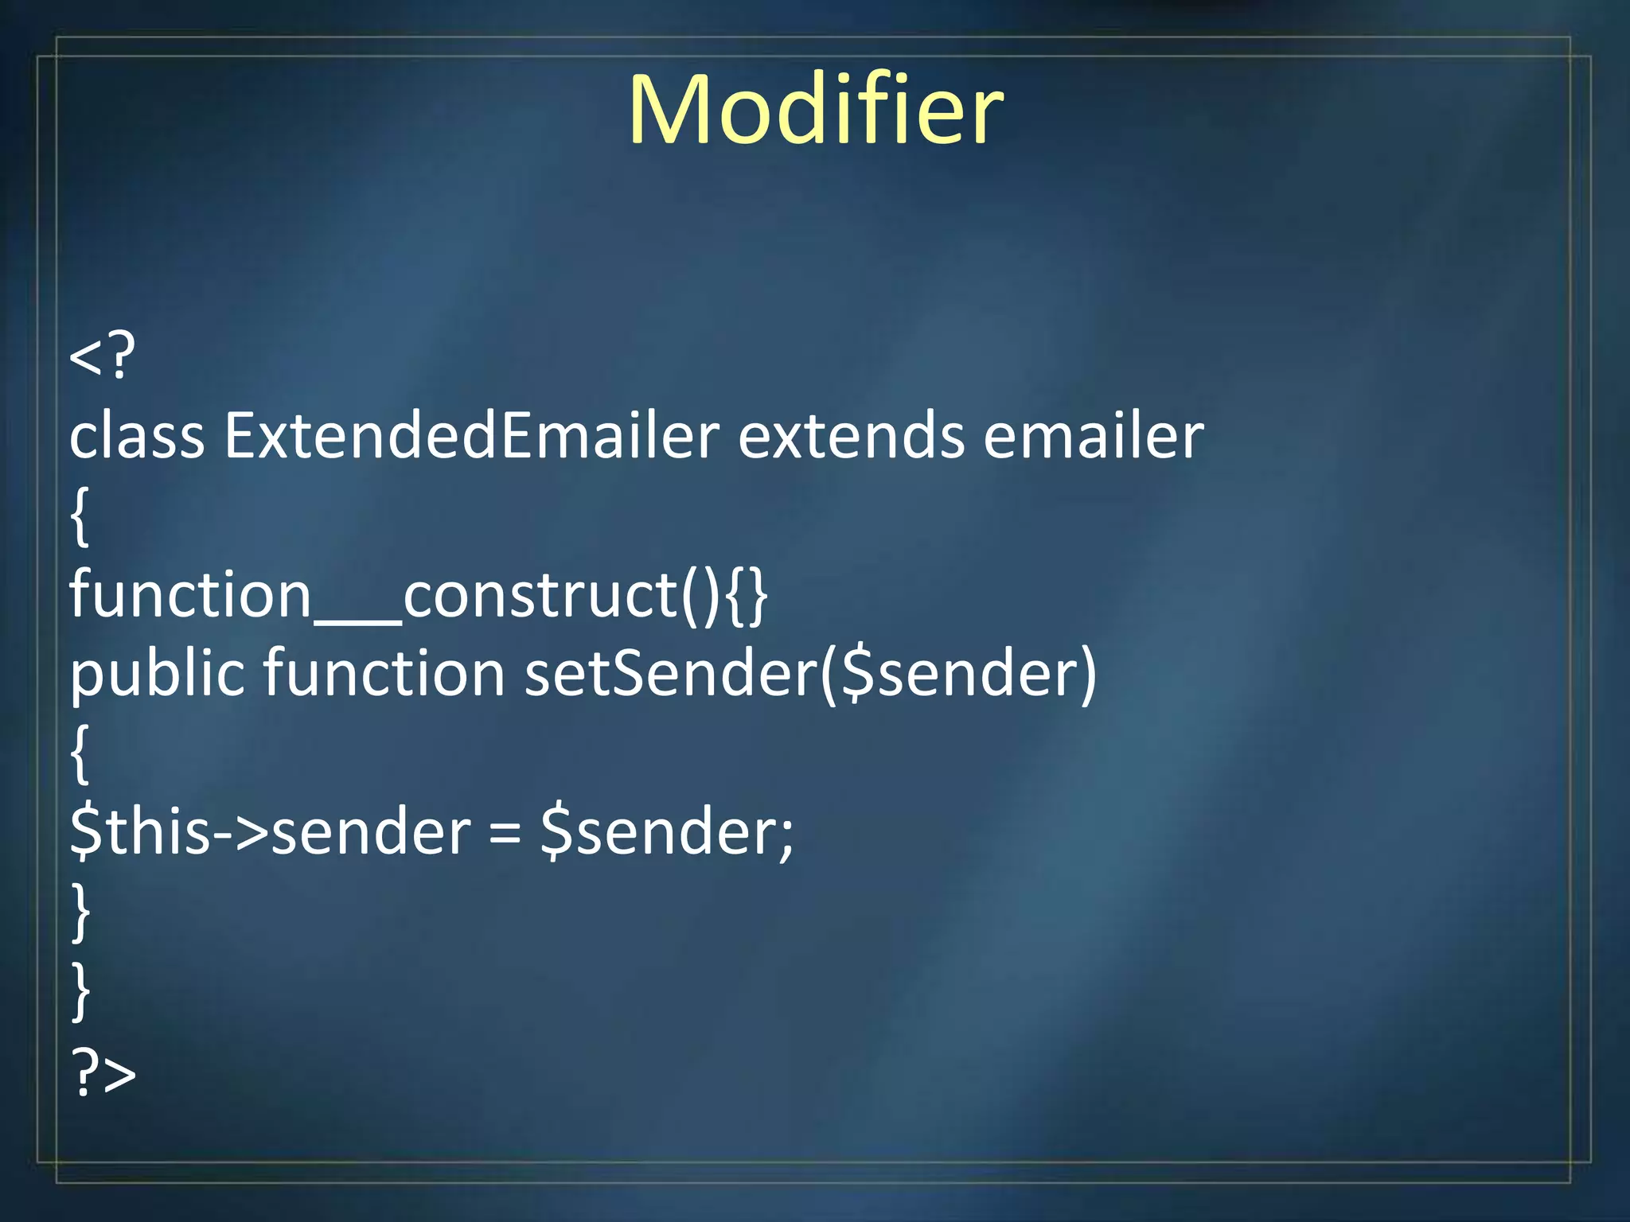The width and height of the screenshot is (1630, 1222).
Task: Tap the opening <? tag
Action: pos(102,356)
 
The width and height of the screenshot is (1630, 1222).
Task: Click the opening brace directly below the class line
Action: pos(80,517)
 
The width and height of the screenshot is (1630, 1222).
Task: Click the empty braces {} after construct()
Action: pos(747,595)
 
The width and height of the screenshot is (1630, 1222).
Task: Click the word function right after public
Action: pos(384,673)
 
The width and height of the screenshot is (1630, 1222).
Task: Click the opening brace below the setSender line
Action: pos(80,754)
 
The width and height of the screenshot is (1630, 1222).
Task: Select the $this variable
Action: pos(140,832)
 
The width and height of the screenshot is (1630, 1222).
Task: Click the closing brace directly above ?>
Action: pos(80,991)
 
